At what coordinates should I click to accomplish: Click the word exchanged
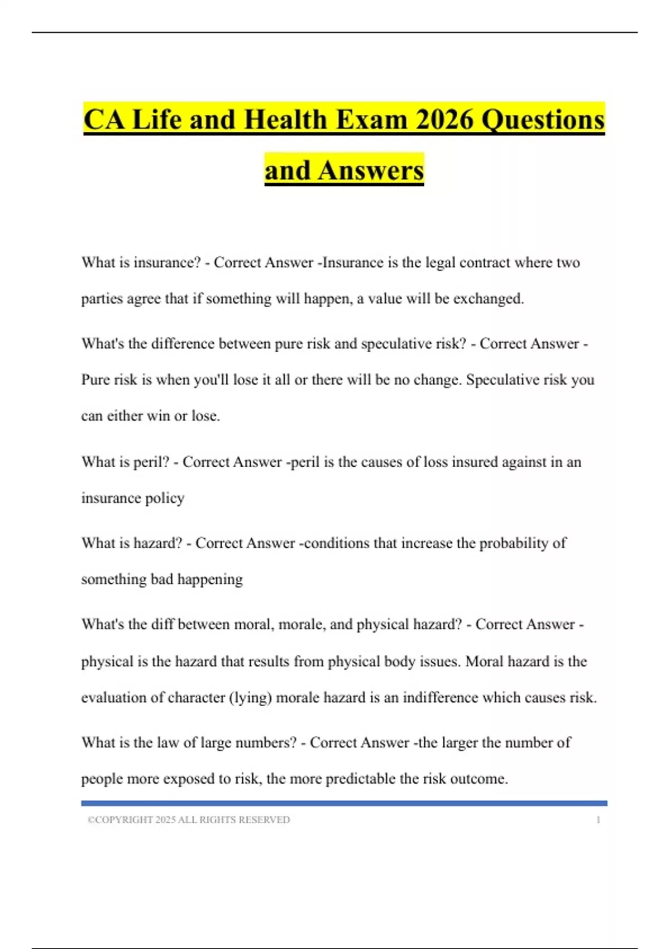(489, 299)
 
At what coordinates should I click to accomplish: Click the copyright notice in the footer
(189, 819)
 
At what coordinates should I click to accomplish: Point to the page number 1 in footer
(599, 819)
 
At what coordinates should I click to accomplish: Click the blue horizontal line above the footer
(344, 803)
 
